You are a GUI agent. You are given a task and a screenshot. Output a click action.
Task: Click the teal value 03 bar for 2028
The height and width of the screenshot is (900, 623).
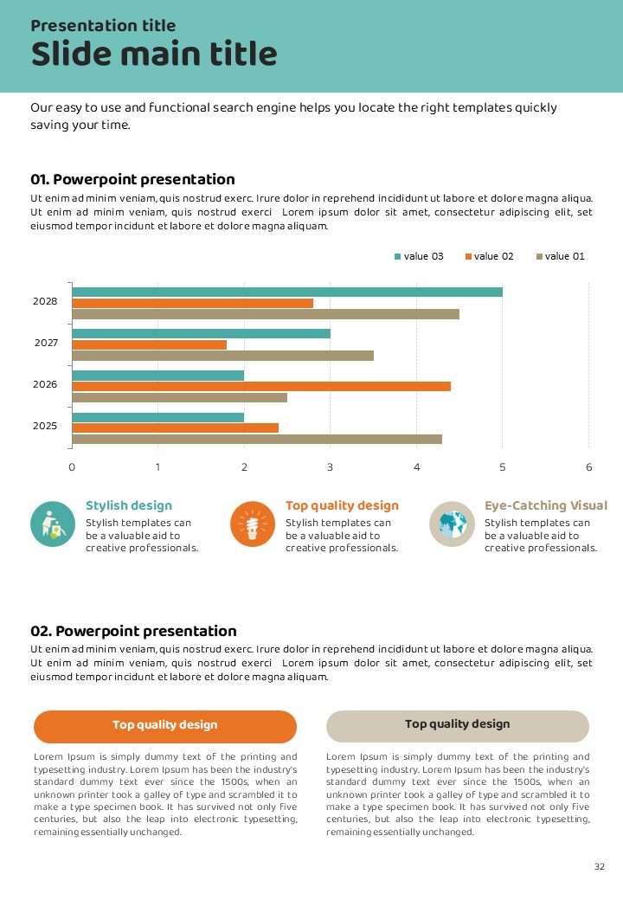click(x=286, y=292)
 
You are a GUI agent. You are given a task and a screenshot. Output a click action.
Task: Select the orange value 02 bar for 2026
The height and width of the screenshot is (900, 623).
click(x=260, y=386)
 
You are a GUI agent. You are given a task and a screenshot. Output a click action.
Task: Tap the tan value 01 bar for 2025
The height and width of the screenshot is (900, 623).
click(x=256, y=439)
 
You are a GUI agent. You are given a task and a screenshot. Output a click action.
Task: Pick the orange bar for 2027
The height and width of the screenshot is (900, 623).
click(x=149, y=344)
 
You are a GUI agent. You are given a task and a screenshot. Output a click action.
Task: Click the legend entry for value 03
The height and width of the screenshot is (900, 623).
click(x=419, y=256)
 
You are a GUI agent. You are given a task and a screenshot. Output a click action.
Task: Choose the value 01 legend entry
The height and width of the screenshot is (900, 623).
click(x=561, y=256)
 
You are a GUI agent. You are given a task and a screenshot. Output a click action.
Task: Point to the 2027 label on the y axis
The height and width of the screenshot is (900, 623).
click(x=46, y=343)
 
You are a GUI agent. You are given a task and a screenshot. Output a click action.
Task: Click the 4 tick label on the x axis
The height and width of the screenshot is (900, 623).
click(x=416, y=467)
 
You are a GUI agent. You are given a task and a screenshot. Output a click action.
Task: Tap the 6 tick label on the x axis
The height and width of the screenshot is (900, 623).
click(x=589, y=467)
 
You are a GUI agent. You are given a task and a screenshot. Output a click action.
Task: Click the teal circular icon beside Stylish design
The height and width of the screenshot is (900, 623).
click(x=53, y=524)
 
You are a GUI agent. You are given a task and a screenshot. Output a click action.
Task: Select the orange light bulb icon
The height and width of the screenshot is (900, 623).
click(x=253, y=524)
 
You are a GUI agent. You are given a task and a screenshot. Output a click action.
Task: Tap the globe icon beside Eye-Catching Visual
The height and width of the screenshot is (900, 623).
click(x=452, y=524)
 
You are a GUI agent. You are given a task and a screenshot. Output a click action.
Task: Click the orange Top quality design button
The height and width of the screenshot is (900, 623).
click(x=165, y=726)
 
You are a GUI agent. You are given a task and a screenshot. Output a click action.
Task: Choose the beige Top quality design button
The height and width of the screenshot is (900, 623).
click(x=458, y=725)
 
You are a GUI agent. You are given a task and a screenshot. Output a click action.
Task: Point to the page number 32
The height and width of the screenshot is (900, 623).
click(x=600, y=867)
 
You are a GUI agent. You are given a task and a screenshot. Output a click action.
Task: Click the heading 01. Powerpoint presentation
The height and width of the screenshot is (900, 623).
click(x=132, y=180)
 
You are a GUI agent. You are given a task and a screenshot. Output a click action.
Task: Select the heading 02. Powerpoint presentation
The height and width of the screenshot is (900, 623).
click(x=133, y=632)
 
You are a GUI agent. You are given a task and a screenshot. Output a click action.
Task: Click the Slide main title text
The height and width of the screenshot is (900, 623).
click(x=154, y=55)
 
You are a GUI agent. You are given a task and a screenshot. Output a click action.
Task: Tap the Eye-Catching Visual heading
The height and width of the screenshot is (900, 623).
click(x=545, y=505)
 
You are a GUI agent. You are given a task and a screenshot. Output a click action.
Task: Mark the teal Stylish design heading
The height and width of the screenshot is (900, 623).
click(x=129, y=505)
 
